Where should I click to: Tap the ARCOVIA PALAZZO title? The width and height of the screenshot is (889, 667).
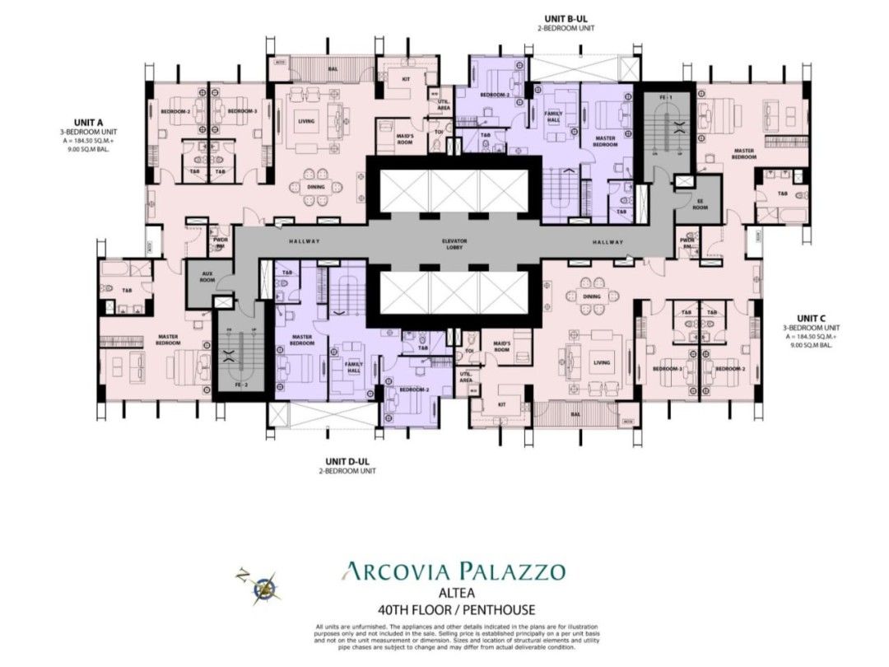click(454, 571)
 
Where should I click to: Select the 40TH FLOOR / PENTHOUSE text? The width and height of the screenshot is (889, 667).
click(454, 609)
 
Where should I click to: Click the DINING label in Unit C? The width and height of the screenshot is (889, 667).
click(591, 296)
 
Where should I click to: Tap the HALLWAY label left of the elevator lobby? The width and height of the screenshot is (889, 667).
click(304, 241)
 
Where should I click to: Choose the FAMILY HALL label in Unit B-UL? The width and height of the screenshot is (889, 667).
click(553, 116)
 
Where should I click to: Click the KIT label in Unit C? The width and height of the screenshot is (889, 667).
click(500, 404)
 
